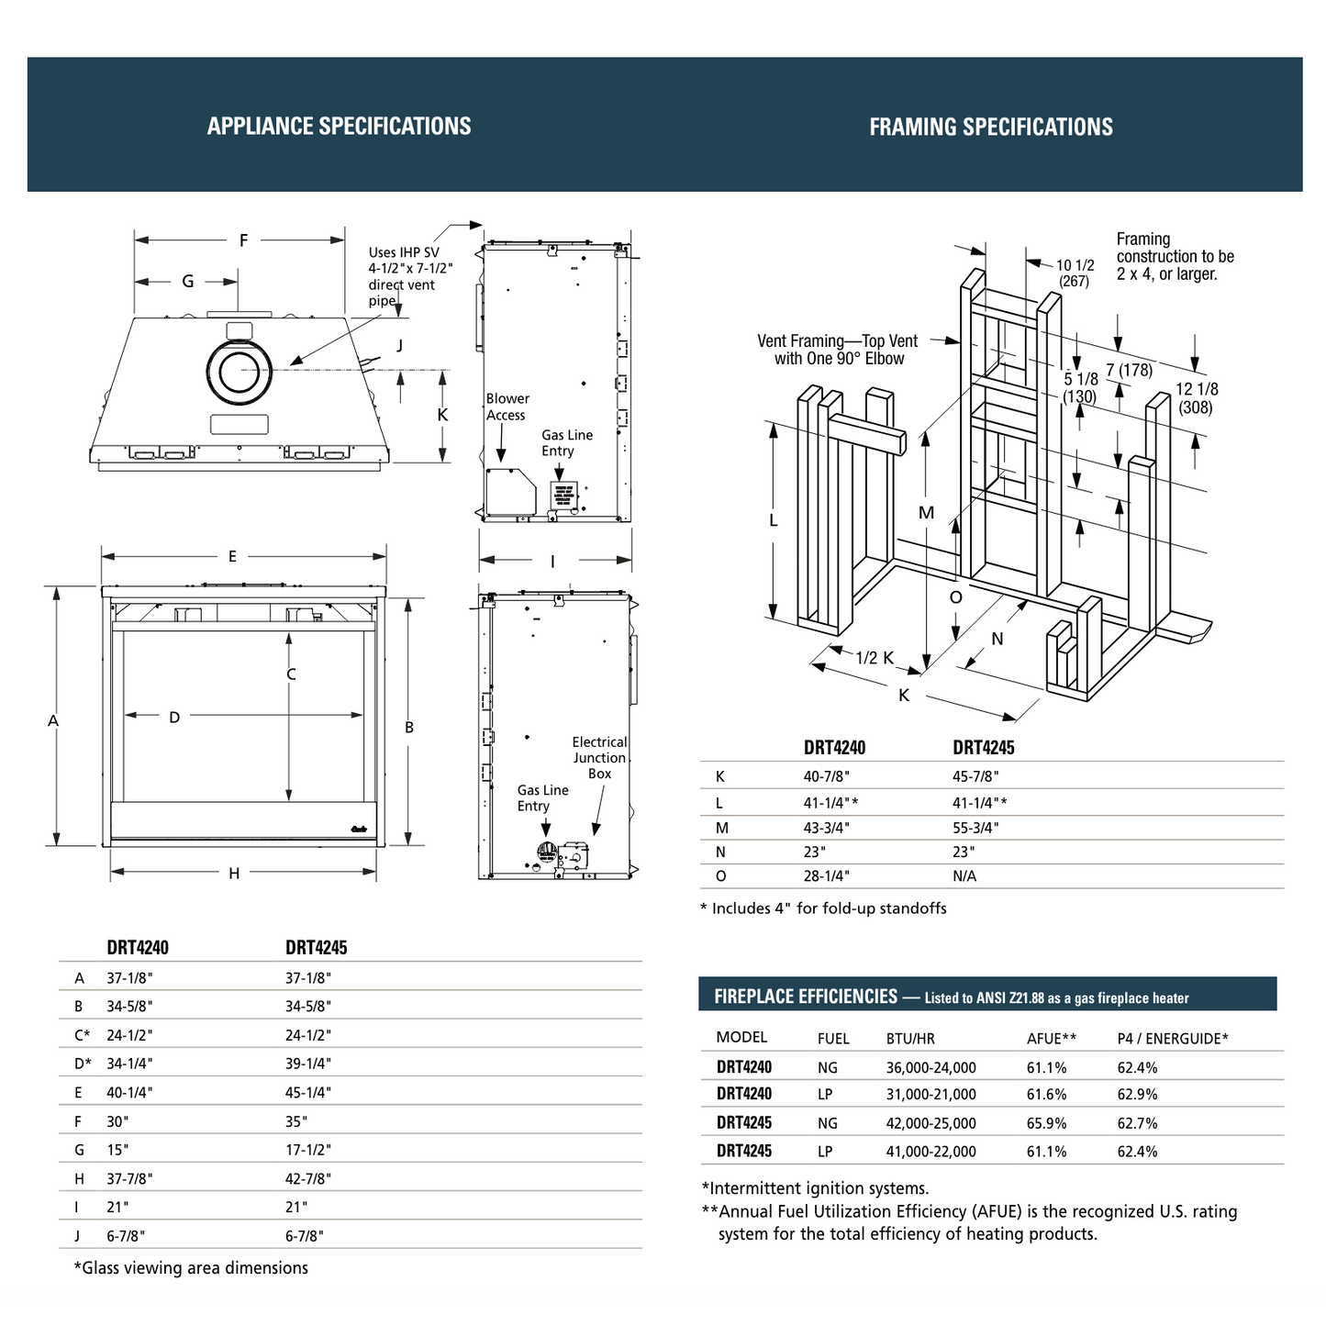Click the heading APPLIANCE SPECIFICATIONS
[x=339, y=126]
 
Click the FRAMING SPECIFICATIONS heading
[x=991, y=127]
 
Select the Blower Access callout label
[x=507, y=407]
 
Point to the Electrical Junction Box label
[x=599, y=758]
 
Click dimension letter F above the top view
[x=243, y=240]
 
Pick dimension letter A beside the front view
[x=53, y=721]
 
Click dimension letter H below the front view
[x=234, y=874]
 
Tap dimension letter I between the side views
[x=552, y=562]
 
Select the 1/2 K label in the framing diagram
[x=874, y=658]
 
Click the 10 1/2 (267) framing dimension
[x=1075, y=273]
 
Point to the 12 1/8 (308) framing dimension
[x=1197, y=398]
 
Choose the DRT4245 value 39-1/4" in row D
[x=308, y=1064]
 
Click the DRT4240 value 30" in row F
[x=117, y=1121]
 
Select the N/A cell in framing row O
[x=964, y=876]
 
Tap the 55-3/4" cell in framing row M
[x=975, y=828]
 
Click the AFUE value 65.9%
[x=1046, y=1123]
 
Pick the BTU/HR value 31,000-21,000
[x=930, y=1095]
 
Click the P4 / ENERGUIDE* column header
[x=1172, y=1039]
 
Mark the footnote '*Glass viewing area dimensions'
[x=191, y=1268]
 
